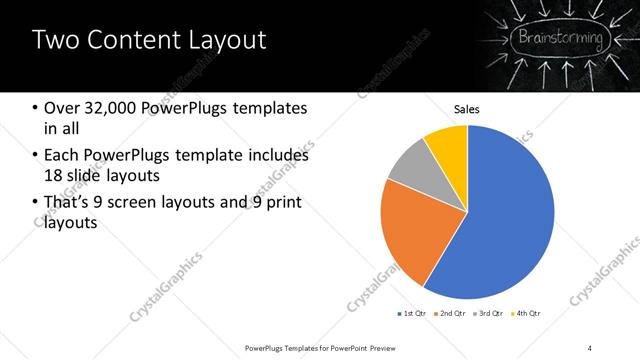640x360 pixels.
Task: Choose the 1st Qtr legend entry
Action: (x=411, y=314)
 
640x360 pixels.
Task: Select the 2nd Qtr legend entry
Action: (x=450, y=314)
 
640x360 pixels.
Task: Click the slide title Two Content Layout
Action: (x=149, y=41)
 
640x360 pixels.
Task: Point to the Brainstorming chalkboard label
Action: (x=559, y=40)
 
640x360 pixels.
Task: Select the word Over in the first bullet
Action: (x=62, y=108)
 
